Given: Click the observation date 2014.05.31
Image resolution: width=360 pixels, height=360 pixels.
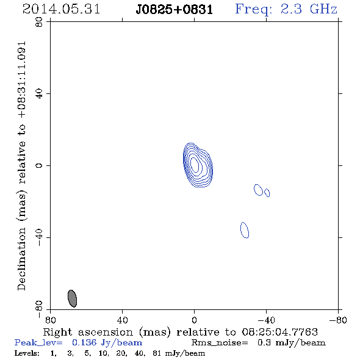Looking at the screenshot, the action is [x=61, y=9].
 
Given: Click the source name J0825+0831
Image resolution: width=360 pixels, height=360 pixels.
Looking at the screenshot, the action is [x=175, y=10].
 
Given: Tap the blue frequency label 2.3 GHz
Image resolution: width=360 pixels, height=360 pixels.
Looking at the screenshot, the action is [x=309, y=9].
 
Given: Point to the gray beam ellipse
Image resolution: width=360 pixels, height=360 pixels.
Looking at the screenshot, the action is [x=72, y=298].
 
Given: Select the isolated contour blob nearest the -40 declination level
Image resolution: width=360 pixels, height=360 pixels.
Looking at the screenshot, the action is [x=245, y=230].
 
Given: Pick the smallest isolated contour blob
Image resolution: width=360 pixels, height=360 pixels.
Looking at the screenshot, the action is [x=267, y=193].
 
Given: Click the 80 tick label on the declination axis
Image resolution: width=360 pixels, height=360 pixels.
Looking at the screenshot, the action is [x=39, y=22].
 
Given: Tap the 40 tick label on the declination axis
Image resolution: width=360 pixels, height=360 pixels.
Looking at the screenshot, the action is [x=39, y=94].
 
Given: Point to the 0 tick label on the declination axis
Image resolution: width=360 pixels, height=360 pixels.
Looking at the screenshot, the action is [x=39, y=165].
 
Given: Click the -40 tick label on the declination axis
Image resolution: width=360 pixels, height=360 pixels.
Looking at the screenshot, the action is [x=39, y=237].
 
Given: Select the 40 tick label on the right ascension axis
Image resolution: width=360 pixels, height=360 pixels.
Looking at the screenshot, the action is [x=122, y=320].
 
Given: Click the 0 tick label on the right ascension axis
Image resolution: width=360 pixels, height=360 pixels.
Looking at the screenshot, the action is [x=194, y=320].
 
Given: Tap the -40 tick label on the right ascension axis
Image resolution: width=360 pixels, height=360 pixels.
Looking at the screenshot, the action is [x=266, y=320].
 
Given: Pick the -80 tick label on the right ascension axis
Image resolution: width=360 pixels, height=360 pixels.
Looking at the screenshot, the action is [x=338, y=320].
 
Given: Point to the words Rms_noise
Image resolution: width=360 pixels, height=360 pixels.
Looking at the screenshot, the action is [x=220, y=343].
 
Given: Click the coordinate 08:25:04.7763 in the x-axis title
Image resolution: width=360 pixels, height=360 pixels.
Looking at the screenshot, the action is [x=279, y=332].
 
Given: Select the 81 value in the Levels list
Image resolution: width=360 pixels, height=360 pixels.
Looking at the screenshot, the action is [x=157, y=353].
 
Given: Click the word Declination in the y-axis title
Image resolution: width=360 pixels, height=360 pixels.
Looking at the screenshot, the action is [x=21, y=259].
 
